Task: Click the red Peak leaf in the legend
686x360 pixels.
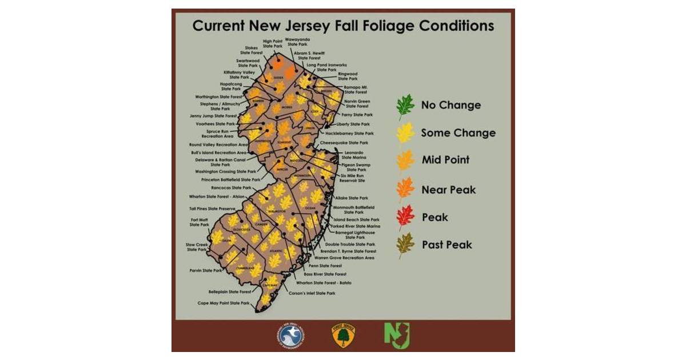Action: (405, 217)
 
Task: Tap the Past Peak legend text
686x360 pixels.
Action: (447, 245)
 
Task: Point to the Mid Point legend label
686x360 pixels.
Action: (445, 160)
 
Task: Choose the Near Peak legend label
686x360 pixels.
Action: (448, 189)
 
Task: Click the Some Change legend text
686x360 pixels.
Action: (458, 133)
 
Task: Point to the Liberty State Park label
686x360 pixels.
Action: (353, 124)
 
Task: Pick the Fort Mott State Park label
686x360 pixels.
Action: (200, 222)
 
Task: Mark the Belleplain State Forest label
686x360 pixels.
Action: (230, 291)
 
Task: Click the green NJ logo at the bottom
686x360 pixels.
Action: (396, 335)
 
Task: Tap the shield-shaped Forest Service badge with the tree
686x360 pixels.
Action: (342, 335)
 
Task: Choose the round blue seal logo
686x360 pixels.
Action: (290, 335)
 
